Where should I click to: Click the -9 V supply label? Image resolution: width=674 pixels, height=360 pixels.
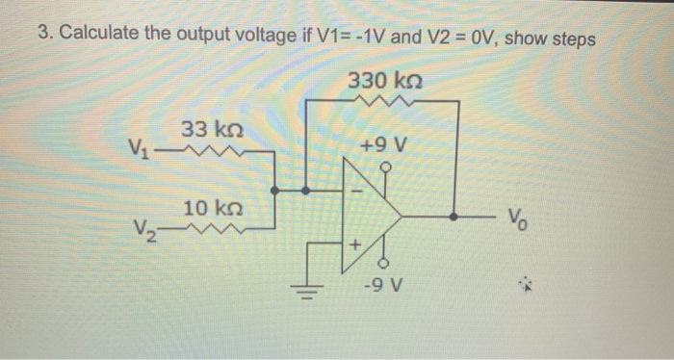tap(385, 286)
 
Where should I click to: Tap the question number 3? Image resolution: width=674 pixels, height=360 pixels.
tap(43, 36)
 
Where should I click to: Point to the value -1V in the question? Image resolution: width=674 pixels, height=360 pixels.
tap(341, 36)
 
